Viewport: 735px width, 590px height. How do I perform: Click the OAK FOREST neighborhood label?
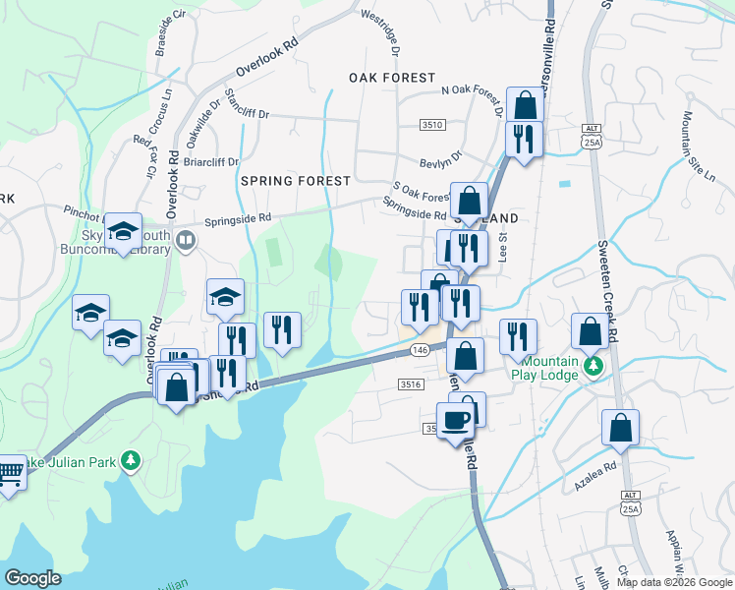coord(392,78)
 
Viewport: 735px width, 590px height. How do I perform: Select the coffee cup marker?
coord(455,422)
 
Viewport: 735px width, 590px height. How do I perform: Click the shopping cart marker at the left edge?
coord(9,473)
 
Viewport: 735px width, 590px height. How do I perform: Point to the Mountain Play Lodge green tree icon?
coord(593,366)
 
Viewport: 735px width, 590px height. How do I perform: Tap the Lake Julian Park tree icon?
coord(130,459)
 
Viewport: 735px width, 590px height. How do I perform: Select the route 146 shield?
coord(420,351)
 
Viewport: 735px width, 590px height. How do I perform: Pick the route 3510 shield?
coord(432,125)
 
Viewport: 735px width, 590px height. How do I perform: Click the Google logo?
coord(32,578)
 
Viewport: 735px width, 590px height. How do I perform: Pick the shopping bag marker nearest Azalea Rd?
coord(620,428)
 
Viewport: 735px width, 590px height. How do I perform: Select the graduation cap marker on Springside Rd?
coord(123,232)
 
